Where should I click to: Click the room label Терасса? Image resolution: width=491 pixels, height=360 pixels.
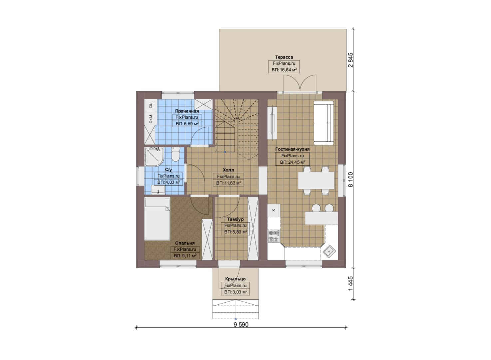pos(284,57)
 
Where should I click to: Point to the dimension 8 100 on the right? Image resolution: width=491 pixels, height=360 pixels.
pos(351,179)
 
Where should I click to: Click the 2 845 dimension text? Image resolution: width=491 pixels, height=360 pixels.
pos(351,60)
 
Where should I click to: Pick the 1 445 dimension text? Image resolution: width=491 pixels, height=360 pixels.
pos(351,284)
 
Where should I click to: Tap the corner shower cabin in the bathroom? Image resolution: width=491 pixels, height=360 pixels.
pos(154,157)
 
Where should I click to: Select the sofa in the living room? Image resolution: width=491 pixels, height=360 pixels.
pos(323,123)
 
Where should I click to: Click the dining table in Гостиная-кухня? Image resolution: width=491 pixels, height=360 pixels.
pos(316,181)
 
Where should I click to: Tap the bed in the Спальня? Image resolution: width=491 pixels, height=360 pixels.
pos(157,219)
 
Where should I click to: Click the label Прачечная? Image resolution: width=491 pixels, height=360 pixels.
pos(187,111)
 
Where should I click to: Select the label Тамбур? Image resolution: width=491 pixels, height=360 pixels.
pos(236,219)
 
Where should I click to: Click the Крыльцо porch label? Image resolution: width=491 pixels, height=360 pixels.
pos(236,279)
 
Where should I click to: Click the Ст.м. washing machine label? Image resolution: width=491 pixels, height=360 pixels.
pos(151,119)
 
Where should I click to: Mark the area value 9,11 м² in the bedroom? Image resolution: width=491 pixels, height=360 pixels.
pos(188,256)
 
